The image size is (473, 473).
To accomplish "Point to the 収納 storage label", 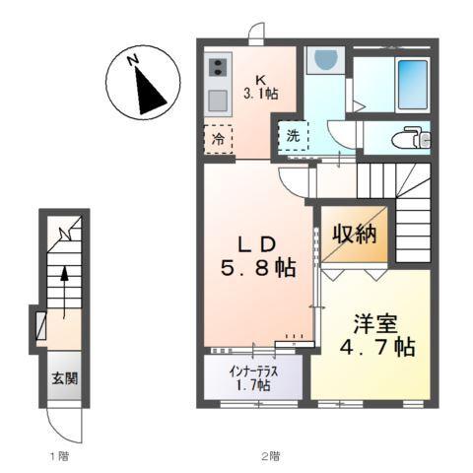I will [x=355, y=236].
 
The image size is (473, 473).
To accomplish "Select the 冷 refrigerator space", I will [x=218, y=139].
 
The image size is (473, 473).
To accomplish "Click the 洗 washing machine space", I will [x=293, y=136].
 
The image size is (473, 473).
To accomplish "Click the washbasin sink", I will [x=321, y=61].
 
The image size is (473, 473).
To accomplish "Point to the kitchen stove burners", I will [x=217, y=68].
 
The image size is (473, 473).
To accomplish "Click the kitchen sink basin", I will [x=217, y=100].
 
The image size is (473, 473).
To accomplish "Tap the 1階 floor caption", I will [x=60, y=456].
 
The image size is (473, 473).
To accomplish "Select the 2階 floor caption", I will [x=270, y=456].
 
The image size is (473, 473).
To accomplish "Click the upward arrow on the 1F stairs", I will [x=65, y=286].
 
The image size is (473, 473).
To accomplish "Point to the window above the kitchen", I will [x=255, y=38].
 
